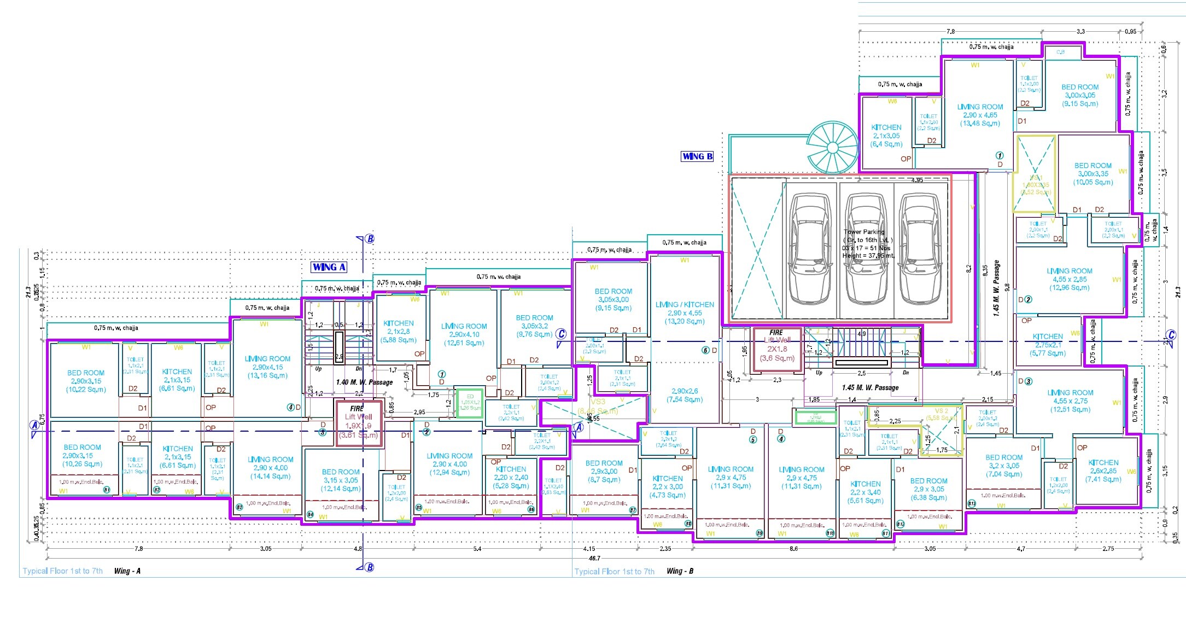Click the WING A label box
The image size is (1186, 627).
[x=329, y=267]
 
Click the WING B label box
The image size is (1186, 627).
[x=697, y=156]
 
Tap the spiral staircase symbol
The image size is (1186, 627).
[x=832, y=148]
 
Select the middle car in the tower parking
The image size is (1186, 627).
[x=866, y=249]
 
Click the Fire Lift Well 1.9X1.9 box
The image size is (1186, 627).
[x=358, y=422]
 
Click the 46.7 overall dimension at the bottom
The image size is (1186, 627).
[x=594, y=559]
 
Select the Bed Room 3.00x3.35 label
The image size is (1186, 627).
[x=1092, y=174]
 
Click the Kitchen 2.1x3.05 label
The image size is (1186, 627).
[x=886, y=136]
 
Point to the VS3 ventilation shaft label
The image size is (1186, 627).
[x=598, y=402]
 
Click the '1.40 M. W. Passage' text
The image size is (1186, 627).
[x=364, y=382]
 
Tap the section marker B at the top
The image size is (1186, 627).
[x=370, y=239]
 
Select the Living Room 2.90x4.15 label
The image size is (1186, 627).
[x=267, y=367]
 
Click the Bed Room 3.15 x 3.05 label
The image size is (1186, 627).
[x=340, y=480]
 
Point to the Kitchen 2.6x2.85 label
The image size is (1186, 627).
[x=1103, y=471]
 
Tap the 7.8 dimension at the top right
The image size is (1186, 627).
[x=950, y=32]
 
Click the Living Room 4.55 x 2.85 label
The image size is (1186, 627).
[x=1069, y=279]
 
